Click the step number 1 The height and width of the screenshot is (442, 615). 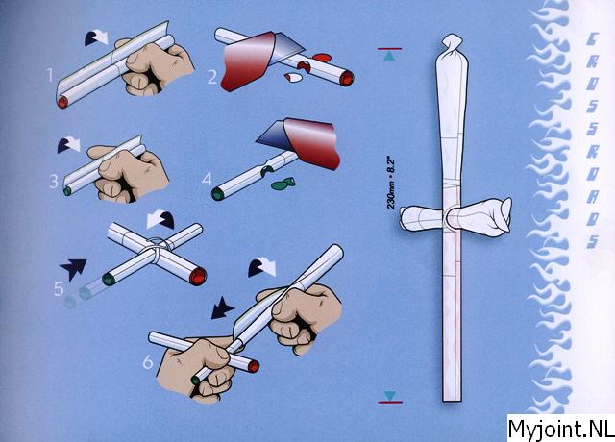[x=50, y=75]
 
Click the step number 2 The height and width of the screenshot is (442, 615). [x=212, y=77]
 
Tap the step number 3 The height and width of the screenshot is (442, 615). [x=54, y=182]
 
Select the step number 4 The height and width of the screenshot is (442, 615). [x=207, y=180]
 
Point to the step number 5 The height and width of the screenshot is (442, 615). [x=59, y=289]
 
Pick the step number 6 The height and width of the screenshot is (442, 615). [x=147, y=362]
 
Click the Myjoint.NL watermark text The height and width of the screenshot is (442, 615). [x=561, y=429]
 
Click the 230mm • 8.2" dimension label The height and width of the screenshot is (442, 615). [x=391, y=184]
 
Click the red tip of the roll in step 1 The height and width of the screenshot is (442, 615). [x=62, y=103]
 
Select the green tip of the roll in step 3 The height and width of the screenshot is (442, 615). [x=67, y=191]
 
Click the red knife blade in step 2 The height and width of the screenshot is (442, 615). [x=248, y=61]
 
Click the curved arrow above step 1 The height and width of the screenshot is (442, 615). [x=96, y=38]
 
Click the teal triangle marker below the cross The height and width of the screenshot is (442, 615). [x=389, y=395]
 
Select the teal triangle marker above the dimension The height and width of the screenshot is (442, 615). [x=389, y=57]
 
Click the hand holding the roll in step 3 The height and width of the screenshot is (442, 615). [x=128, y=174]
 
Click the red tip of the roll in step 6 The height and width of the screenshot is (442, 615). [x=254, y=366]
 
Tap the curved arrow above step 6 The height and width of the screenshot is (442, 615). [x=262, y=268]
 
